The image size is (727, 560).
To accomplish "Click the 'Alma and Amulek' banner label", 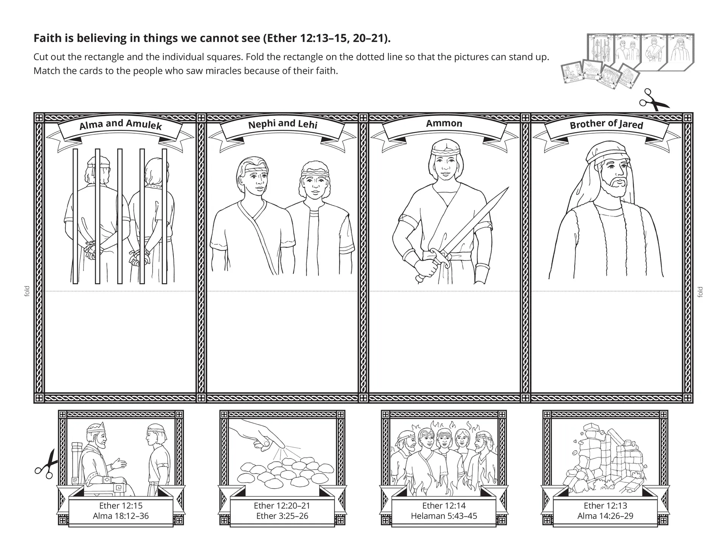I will (x=120, y=125).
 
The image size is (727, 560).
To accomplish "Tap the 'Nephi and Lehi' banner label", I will (x=282, y=124).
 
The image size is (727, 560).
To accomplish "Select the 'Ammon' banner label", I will (x=444, y=123).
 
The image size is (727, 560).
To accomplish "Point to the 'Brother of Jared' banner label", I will (x=606, y=124).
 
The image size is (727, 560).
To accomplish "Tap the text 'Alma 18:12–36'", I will (x=121, y=516).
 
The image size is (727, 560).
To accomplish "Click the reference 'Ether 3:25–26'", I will (x=282, y=516).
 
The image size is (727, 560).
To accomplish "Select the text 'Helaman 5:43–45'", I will (x=444, y=516).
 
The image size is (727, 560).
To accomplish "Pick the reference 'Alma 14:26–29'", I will (x=605, y=516).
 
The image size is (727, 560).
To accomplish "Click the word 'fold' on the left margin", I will (x=27, y=291).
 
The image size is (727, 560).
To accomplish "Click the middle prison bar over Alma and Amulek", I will (x=120, y=216).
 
